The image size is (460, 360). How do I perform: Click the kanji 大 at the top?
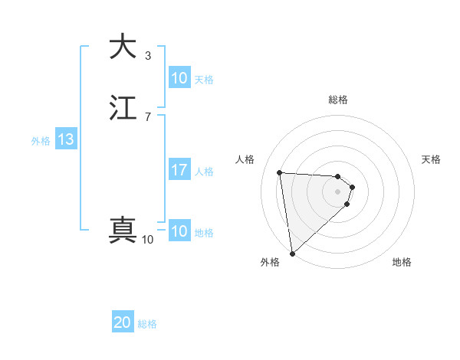pos(123,47)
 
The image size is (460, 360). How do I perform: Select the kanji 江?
pos(123,108)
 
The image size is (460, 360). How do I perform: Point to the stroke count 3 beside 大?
pos(148,56)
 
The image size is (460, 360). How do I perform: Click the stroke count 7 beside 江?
pos(148,116)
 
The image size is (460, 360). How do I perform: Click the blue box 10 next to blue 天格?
pos(179,78)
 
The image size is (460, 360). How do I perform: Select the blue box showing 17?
pos(179,170)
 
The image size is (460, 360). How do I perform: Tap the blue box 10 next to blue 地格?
pos(179,231)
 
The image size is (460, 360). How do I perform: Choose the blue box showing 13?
pos(65,139)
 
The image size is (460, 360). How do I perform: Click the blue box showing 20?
pos(123,323)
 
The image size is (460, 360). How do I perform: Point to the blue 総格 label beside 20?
pos(147,324)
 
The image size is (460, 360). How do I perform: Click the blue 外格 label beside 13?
pos(41,140)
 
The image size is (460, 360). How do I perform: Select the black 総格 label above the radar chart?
pos(338,100)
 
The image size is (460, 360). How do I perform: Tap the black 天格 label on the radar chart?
pos(432,159)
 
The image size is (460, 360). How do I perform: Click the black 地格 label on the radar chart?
pos(402,263)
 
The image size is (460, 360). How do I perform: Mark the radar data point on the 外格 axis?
pos(291,254)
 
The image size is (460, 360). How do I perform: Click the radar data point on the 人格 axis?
pos(280,172)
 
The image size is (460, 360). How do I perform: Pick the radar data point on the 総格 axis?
pos(338,175)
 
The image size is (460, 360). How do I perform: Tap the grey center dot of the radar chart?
pos(338,191)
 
